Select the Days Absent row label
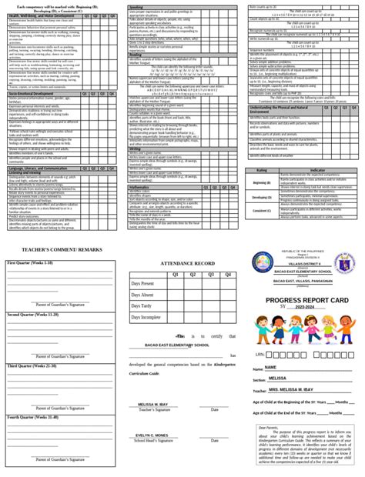click(x=142, y=272)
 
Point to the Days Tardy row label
click(x=141, y=284)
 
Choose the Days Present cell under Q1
click(x=176, y=262)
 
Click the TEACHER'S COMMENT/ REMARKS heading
click(x=57, y=230)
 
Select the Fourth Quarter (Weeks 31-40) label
click(x=32, y=416)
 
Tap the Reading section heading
click(x=136, y=55)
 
